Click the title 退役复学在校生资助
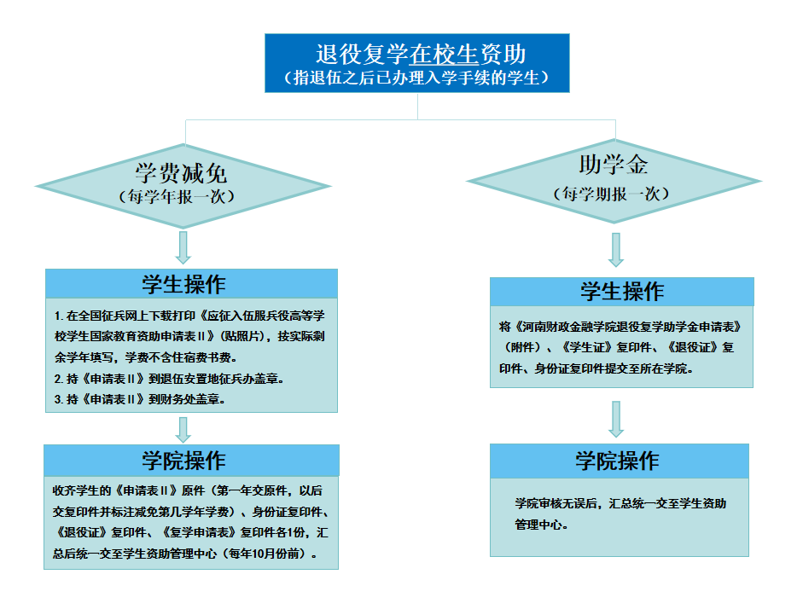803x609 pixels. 421,55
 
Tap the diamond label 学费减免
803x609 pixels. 181,173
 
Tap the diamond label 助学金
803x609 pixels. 613,165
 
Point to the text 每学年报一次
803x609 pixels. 177,196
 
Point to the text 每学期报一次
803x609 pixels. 611,194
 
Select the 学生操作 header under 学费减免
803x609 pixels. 183,285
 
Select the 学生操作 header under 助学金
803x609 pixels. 622,292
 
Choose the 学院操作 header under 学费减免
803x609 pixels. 183,461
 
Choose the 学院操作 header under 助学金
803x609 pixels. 617,461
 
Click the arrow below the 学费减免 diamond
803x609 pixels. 183,247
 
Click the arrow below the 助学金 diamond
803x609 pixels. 616,250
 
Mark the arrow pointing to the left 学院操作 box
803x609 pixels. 183,429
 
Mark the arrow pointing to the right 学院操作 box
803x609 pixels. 616,419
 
